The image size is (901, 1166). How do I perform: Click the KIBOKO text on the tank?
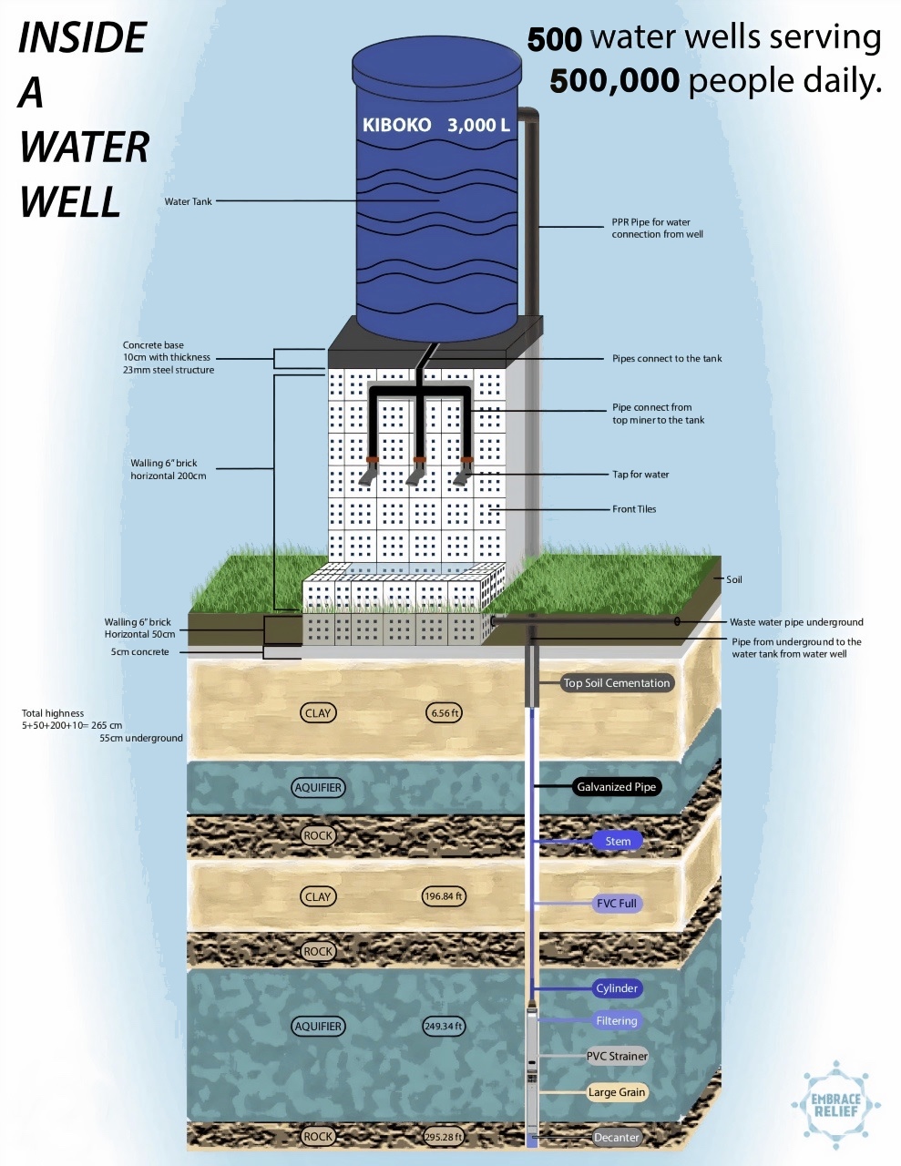[396, 126]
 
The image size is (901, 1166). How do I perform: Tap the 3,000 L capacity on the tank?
[478, 126]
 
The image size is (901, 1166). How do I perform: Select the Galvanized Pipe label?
[616, 787]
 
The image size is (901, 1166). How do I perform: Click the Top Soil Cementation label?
[616, 683]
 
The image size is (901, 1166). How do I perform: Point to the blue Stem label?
[618, 841]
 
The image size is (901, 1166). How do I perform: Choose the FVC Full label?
[617, 904]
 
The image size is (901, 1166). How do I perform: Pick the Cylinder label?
[617, 988]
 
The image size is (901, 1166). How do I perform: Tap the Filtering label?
[617, 1021]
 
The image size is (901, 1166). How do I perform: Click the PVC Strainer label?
[617, 1057]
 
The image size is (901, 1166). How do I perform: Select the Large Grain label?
[617, 1092]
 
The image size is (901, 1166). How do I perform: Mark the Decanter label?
[617, 1137]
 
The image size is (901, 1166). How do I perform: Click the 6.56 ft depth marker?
[445, 713]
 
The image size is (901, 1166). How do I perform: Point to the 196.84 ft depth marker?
[444, 896]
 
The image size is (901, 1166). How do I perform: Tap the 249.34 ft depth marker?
[444, 1027]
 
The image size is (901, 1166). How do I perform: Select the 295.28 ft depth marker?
[444, 1137]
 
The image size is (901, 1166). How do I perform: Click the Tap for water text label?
[640, 475]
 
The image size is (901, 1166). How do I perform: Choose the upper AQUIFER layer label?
[318, 788]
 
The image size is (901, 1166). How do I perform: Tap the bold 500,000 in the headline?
[614, 82]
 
